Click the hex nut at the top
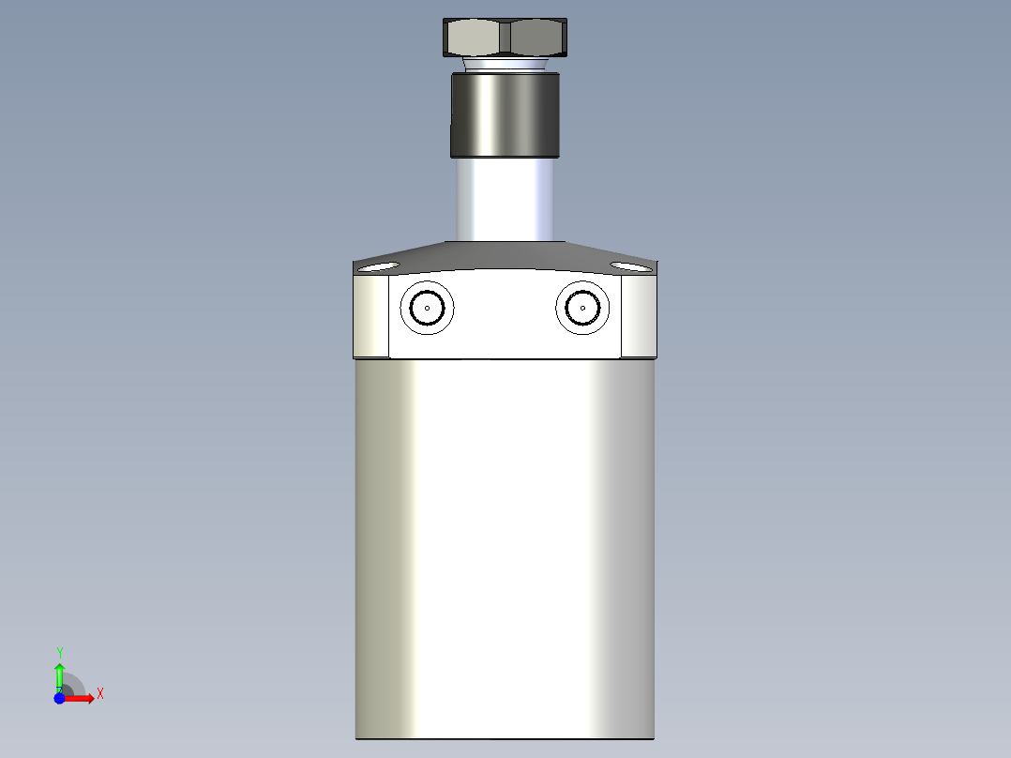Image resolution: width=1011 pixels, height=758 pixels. point(505,38)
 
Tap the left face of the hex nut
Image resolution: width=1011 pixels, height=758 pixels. point(475,38)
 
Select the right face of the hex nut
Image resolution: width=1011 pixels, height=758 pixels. point(536,38)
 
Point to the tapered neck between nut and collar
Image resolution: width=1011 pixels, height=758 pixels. point(505,65)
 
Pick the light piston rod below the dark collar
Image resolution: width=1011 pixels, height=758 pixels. point(505,199)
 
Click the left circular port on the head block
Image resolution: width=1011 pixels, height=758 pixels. point(427,307)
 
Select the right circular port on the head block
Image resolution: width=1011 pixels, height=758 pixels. point(582,307)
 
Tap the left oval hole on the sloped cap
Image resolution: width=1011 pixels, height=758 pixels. point(377,268)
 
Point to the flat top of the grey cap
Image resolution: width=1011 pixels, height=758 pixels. point(505,246)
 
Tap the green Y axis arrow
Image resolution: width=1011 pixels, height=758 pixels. point(59,674)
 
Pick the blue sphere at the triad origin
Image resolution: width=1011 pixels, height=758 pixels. point(59,699)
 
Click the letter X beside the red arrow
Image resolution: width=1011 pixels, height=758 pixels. point(99,694)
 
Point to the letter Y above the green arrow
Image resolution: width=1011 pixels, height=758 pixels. point(59,651)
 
